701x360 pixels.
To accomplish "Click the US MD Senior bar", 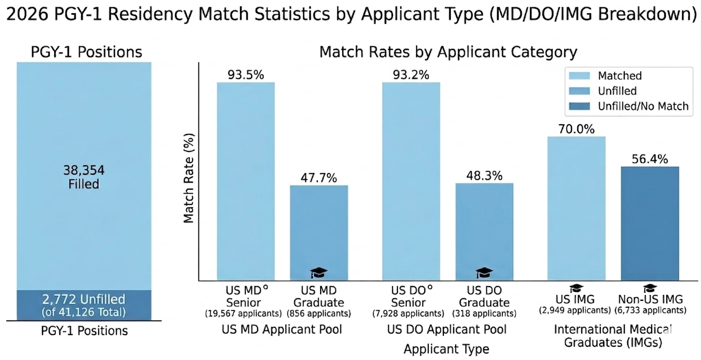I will (x=246, y=181).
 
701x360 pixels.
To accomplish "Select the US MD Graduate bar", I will (x=319, y=230).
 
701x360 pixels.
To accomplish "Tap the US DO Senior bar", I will (x=411, y=181).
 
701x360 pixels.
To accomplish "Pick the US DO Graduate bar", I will (x=484, y=230).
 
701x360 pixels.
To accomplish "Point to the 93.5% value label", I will (x=246, y=75).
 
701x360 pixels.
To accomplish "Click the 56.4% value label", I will (x=650, y=159).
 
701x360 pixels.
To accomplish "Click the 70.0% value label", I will (x=576, y=130).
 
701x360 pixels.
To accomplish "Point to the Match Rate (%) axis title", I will (x=189, y=179).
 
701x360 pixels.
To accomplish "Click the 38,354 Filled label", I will (x=84, y=177).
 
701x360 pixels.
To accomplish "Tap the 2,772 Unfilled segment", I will (x=84, y=305).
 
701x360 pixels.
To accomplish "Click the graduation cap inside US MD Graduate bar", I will (x=319, y=272).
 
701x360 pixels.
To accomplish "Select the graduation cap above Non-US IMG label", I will (x=650, y=289).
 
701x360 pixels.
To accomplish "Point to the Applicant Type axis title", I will (x=446, y=349).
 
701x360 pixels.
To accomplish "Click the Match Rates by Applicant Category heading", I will (x=448, y=52).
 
